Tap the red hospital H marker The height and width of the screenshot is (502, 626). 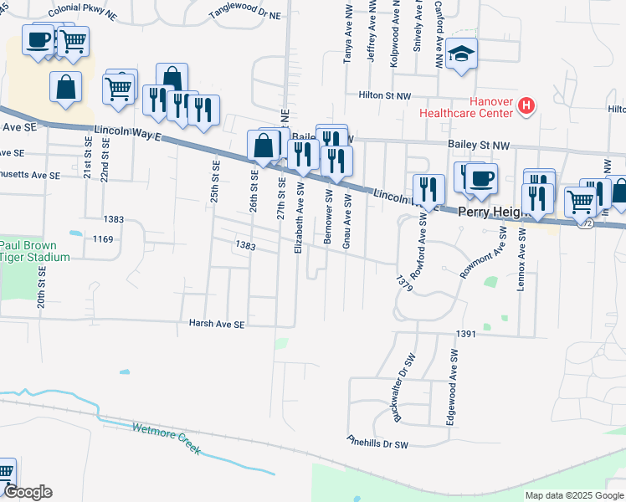point(526,105)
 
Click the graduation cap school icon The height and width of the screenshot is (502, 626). point(461,54)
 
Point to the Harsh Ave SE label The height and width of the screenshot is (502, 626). point(216,323)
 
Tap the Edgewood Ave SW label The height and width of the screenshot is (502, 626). point(452,390)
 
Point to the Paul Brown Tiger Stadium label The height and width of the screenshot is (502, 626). point(33,251)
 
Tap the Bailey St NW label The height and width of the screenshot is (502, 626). point(478,146)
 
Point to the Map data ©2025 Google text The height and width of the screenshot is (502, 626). point(573,495)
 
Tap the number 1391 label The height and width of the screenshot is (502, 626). point(466,334)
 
